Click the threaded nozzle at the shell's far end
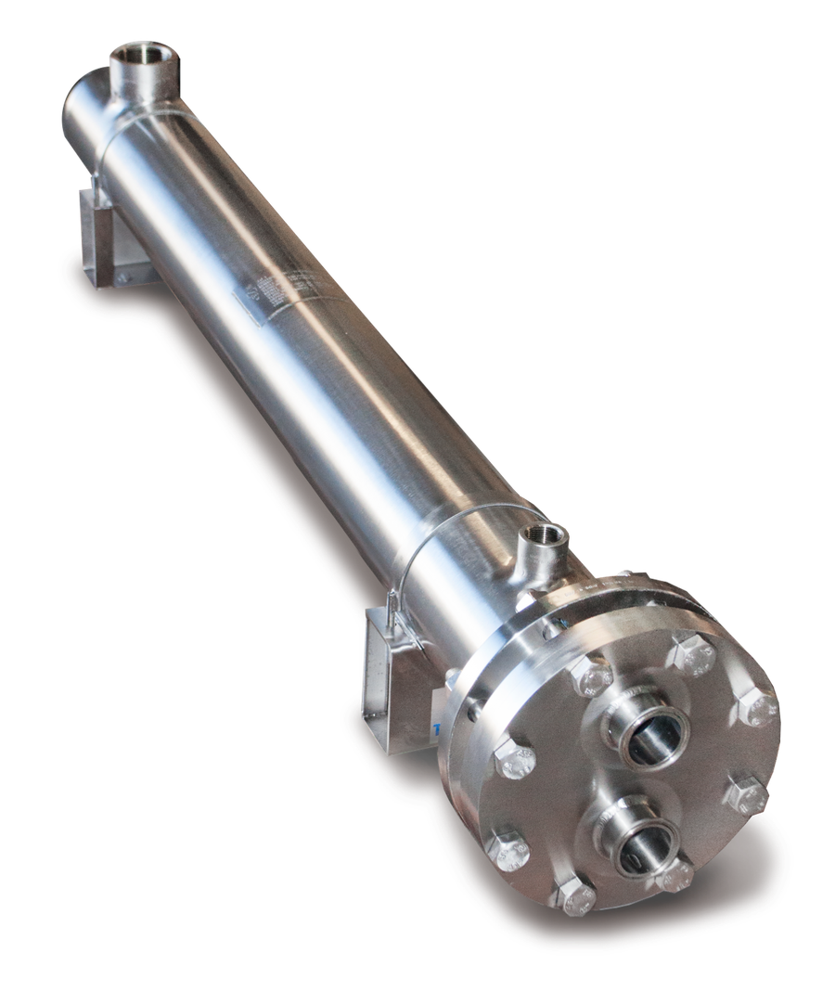tap(139, 63)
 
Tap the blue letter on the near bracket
tap(435, 729)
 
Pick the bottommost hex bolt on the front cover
tap(576, 898)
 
